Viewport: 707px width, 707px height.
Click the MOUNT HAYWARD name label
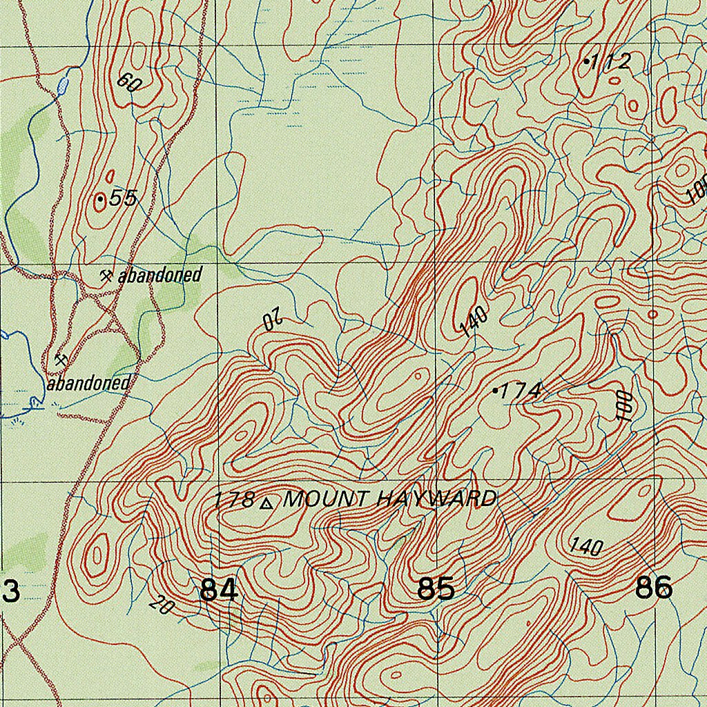click(x=390, y=498)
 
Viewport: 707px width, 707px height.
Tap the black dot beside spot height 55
click(x=101, y=200)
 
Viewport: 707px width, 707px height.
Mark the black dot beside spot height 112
click(x=587, y=61)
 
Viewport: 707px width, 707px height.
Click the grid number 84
click(x=219, y=590)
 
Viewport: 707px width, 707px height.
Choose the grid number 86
click(x=653, y=588)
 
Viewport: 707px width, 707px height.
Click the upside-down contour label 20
click(x=274, y=319)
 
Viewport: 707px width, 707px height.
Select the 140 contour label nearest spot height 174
click(x=475, y=322)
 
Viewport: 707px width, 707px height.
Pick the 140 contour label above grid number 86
click(x=586, y=547)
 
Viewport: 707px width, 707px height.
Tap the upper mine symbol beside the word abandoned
click(x=106, y=275)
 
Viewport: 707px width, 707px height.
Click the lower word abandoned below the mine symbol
click(x=88, y=383)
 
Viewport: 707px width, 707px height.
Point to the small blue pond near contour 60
click(x=64, y=86)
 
